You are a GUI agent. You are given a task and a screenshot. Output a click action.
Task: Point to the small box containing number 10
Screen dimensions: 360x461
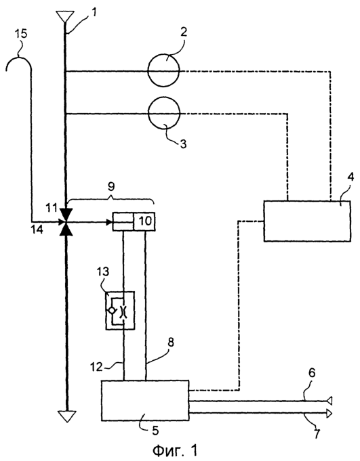(x=144, y=221)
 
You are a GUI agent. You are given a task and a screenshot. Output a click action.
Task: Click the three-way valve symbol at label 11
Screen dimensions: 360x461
(x=66, y=221)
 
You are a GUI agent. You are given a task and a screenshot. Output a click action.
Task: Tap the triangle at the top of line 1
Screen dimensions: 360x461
(x=65, y=17)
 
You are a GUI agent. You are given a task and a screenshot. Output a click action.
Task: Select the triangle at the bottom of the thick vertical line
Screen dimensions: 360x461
(x=67, y=416)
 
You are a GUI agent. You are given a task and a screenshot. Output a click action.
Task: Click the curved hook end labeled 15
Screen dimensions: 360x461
(x=18, y=58)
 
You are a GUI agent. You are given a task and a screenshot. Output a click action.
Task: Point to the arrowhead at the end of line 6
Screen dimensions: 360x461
(x=329, y=401)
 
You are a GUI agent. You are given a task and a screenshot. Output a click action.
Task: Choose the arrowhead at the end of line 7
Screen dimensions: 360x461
(x=329, y=413)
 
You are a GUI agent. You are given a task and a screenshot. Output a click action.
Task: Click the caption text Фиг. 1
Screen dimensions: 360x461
(x=175, y=450)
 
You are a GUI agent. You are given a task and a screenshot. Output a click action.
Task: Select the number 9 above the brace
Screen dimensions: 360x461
(x=111, y=186)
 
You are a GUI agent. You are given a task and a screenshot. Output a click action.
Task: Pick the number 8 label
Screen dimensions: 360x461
(x=171, y=342)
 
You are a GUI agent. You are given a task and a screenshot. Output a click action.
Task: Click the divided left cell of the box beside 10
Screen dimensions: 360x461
(x=123, y=221)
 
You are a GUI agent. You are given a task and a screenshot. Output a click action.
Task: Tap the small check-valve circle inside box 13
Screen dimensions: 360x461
(x=112, y=310)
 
